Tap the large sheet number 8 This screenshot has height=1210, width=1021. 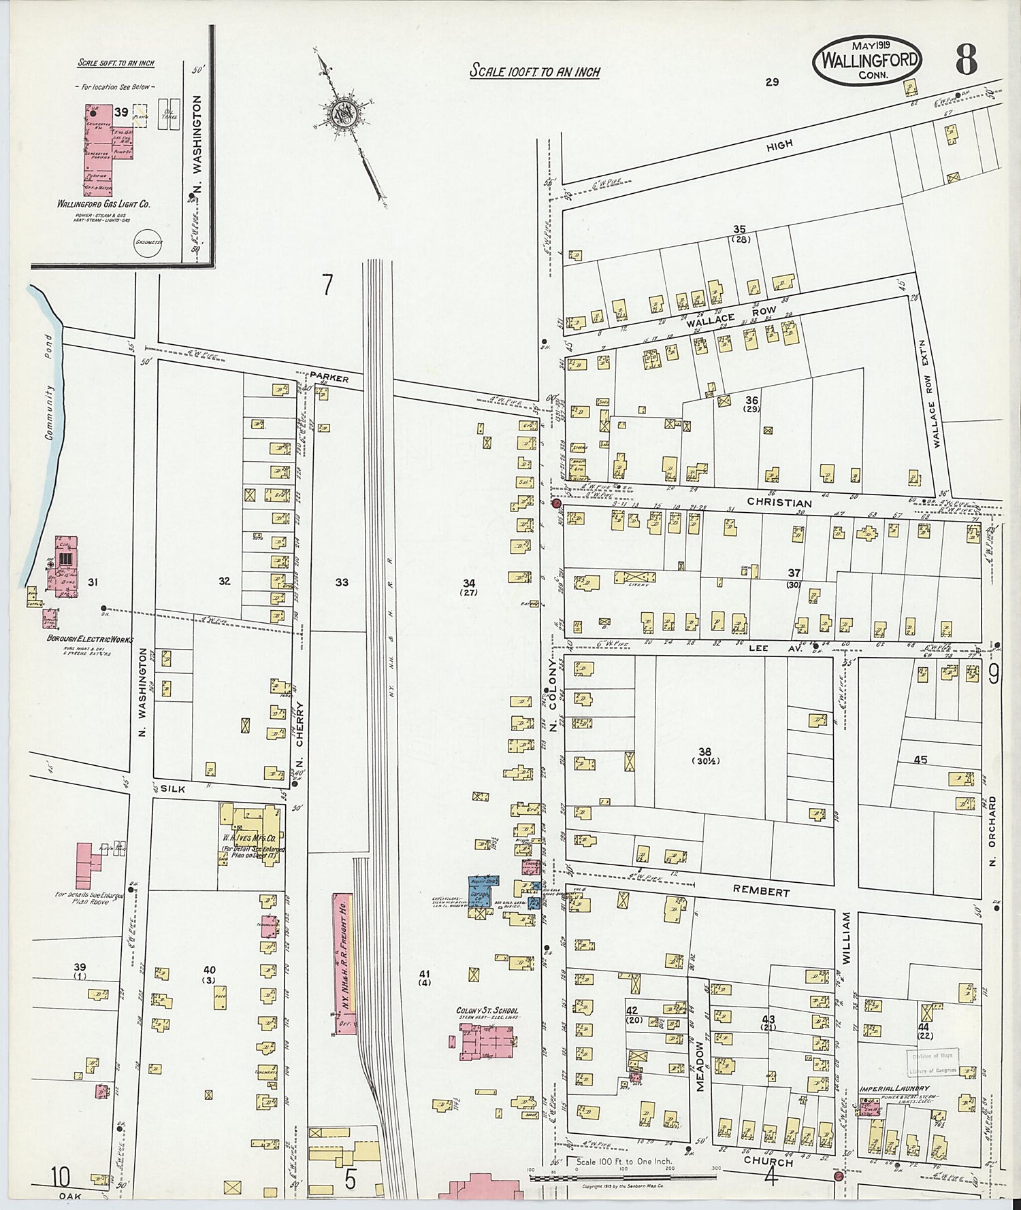(x=965, y=61)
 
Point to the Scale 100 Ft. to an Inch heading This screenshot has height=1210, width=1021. (x=534, y=71)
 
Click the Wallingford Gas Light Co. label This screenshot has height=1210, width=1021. (x=104, y=203)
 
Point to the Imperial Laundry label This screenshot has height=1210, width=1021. (x=893, y=1089)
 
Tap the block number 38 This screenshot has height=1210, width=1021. (x=703, y=752)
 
